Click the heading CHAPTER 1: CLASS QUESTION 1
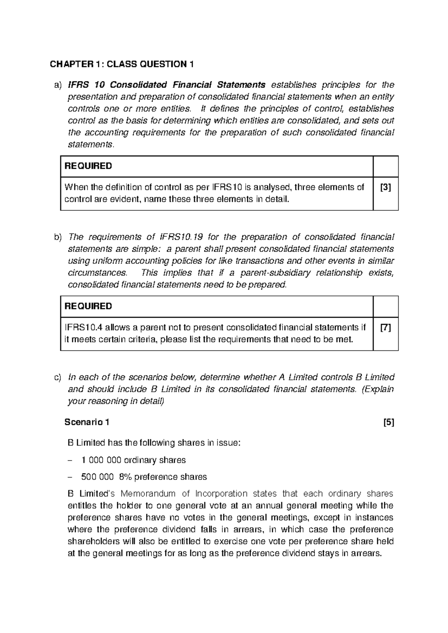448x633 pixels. pos(122,64)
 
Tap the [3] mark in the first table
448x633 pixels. pos(385,187)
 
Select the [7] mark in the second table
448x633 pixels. pos(385,328)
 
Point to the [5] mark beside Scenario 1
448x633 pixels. pos(389,422)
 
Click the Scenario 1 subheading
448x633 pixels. pos(87,422)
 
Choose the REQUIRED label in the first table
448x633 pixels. pos(88,166)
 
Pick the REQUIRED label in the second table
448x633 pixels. pos(88,306)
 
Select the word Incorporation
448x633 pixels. pos(221,493)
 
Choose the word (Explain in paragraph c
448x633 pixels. pos(378,389)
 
